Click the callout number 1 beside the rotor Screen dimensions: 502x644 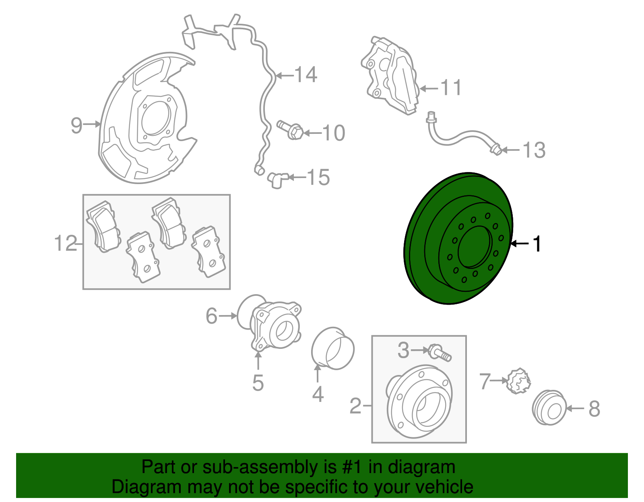tap(537, 244)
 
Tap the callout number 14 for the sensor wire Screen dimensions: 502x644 tap(306, 75)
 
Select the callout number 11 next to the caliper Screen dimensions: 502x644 tap(451, 88)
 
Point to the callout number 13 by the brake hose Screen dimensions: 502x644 tap(534, 150)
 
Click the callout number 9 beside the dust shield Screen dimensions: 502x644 tap(76, 125)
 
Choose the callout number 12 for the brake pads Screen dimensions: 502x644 tap(66, 244)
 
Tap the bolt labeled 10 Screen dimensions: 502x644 tap(291, 130)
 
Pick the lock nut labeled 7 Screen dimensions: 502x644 tap(518, 381)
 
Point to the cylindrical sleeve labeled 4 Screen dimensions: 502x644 tap(333, 349)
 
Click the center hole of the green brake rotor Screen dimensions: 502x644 tap(475, 247)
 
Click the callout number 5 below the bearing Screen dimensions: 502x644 tap(258, 383)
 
